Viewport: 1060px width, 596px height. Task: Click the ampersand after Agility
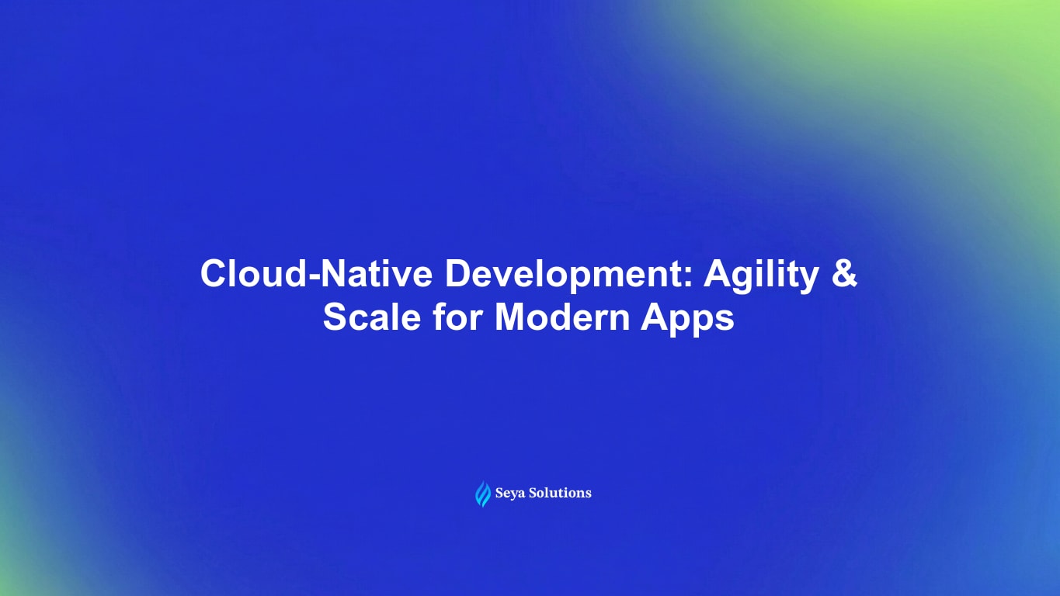[846, 275]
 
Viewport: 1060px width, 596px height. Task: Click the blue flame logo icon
[483, 494]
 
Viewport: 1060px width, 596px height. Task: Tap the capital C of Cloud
[213, 275]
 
